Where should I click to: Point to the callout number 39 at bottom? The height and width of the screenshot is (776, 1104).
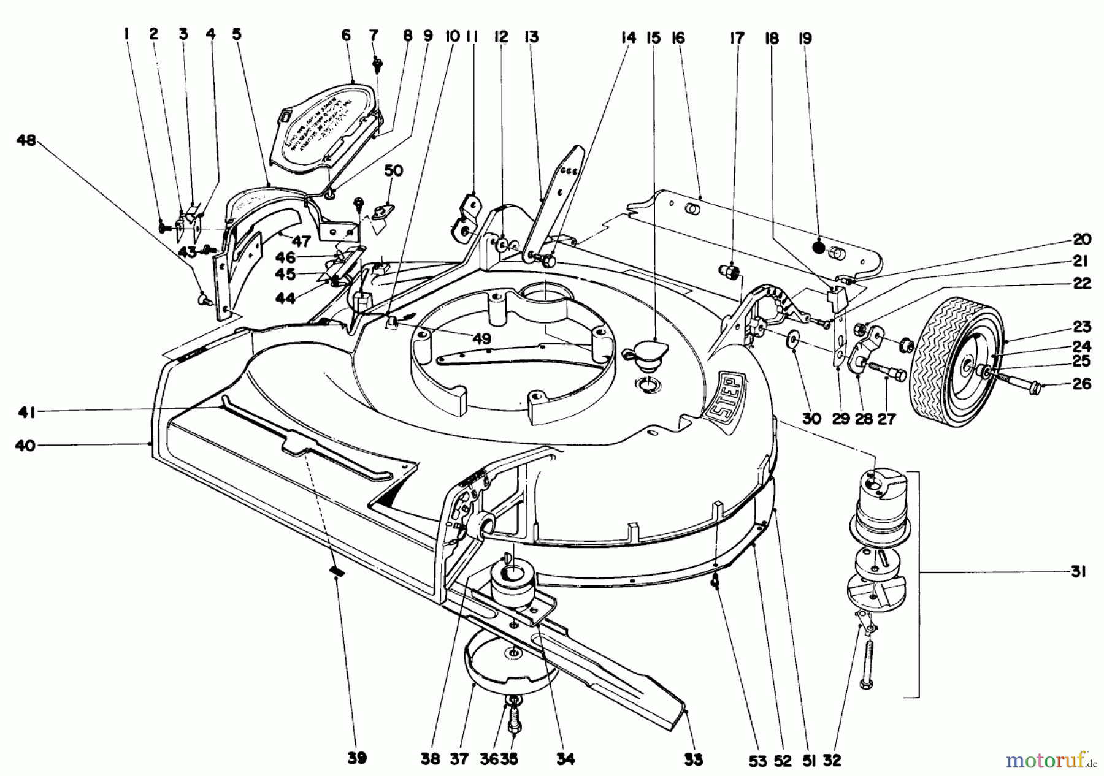coord(357,758)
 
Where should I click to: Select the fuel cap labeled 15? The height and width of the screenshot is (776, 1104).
coord(645,356)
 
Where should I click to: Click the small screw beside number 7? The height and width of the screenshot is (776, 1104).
coord(378,63)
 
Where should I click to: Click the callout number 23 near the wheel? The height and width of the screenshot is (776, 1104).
coord(1081,326)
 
